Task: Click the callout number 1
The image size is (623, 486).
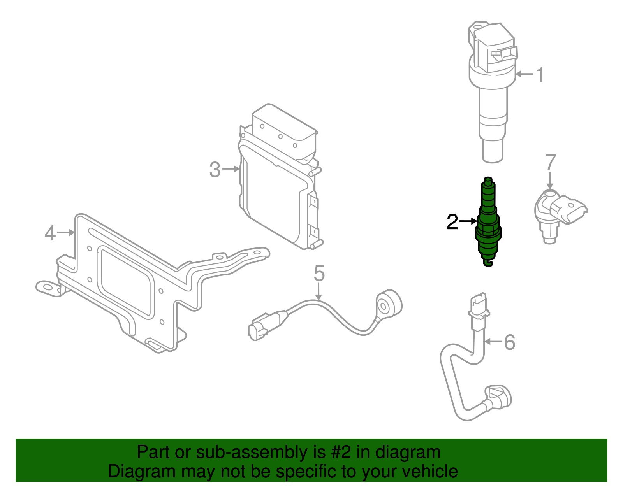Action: (x=540, y=75)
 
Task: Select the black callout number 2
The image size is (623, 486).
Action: (x=452, y=222)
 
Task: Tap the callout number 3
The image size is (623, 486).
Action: (x=215, y=170)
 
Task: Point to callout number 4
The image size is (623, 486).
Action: (x=50, y=233)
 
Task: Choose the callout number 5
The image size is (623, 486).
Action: (x=319, y=274)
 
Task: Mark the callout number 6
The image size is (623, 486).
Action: (x=509, y=342)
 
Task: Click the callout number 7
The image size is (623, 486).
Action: (x=550, y=162)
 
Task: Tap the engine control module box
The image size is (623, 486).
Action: (x=278, y=183)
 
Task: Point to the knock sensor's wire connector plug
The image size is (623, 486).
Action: (x=258, y=329)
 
